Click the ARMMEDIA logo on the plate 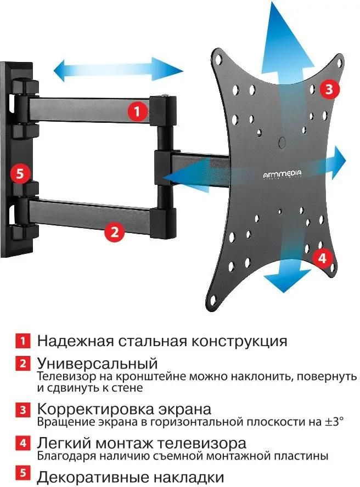282,173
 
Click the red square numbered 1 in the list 22,341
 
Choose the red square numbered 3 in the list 22,410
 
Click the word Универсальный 97,363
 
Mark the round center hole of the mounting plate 283,141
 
